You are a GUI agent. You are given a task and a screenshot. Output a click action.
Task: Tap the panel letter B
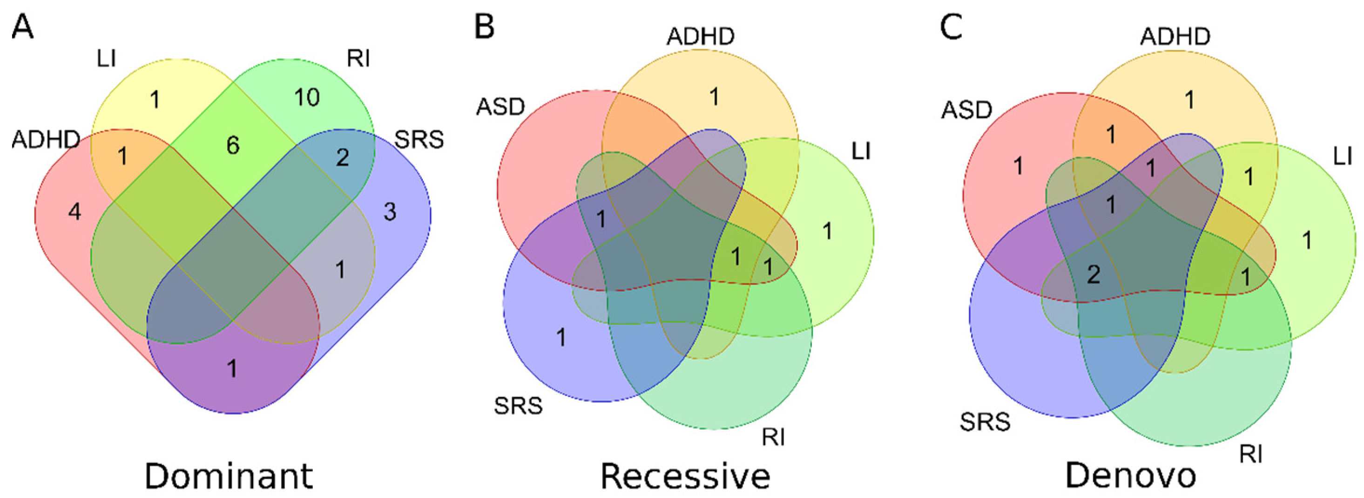click(484, 27)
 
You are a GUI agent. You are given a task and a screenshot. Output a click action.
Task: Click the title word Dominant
click(229, 476)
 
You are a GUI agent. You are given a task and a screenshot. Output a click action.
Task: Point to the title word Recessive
click(685, 476)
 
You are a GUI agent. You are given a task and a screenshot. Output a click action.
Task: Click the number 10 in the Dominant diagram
click(307, 97)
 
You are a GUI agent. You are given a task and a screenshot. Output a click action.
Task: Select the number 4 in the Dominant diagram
click(74, 212)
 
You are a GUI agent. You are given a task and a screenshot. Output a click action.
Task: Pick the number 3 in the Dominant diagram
click(390, 212)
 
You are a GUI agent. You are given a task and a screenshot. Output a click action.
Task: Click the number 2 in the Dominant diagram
click(343, 157)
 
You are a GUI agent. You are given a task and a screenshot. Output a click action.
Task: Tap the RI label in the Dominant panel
click(358, 59)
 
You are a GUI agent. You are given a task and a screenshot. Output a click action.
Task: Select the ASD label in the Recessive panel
click(500, 107)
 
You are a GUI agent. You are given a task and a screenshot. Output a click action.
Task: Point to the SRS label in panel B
click(519, 406)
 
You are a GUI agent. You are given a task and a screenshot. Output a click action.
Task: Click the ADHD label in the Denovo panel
click(1175, 36)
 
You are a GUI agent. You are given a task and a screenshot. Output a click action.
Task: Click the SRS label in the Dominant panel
click(419, 140)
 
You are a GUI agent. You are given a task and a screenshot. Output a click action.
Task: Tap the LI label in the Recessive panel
click(861, 152)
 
